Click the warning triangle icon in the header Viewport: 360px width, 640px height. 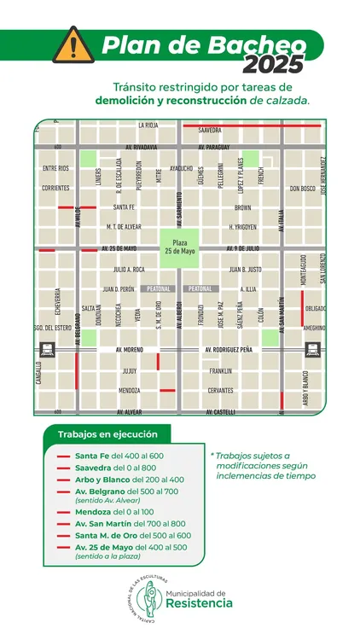(x=73, y=44)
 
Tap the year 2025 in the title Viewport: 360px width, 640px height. (x=272, y=64)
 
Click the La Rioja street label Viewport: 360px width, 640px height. (x=147, y=125)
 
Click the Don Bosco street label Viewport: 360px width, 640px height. (x=302, y=189)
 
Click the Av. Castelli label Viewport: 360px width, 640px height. (x=220, y=412)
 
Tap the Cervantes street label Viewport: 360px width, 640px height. (x=220, y=391)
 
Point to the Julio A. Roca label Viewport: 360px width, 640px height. (x=129, y=270)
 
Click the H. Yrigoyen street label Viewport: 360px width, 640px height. (x=243, y=227)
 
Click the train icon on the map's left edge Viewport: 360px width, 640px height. (x=45, y=349)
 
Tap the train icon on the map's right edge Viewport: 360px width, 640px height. (x=314, y=349)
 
